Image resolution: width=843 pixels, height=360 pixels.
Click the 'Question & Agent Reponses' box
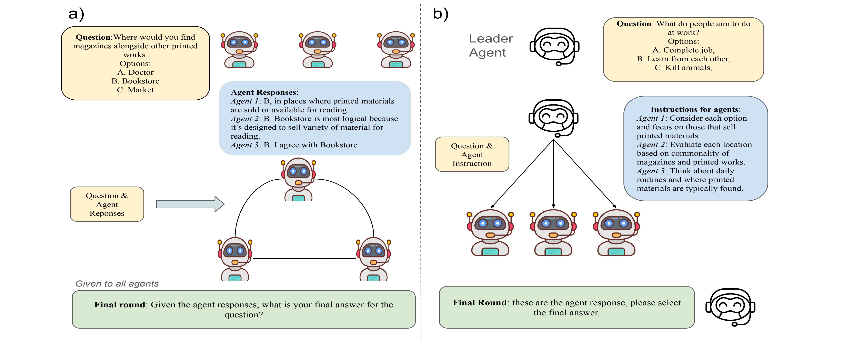click(107, 204)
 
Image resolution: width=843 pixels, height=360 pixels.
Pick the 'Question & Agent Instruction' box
click(472, 154)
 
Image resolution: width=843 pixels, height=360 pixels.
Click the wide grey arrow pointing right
click(190, 204)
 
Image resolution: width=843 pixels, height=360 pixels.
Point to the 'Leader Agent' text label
click(491, 46)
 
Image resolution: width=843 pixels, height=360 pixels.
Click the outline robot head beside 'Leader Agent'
click(554, 46)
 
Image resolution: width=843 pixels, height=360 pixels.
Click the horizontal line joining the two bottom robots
click(304, 259)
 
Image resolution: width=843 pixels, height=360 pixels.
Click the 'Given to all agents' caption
click(117, 284)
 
